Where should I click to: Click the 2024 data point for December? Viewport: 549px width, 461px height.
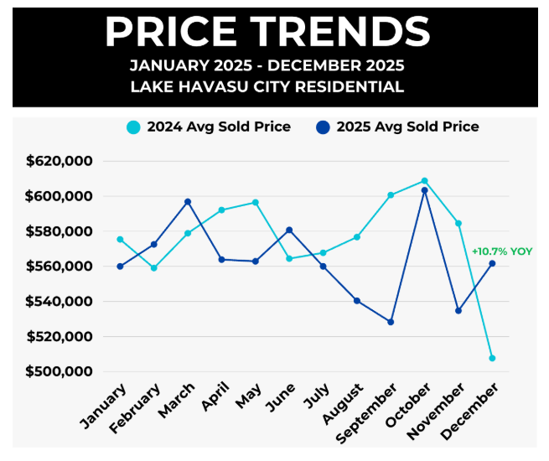click(x=492, y=358)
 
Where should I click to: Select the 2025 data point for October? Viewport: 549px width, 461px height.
click(x=424, y=190)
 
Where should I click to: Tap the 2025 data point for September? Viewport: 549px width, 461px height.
click(x=391, y=322)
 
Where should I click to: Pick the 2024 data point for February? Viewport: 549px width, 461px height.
click(x=153, y=268)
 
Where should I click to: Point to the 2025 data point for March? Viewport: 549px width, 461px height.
click(x=188, y=202)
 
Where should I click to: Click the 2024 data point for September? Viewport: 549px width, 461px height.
click(x=391, y=195)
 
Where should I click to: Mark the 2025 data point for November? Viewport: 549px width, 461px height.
click(x=458, y=311)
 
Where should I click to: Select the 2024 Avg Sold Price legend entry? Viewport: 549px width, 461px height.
click(x=209, y=127)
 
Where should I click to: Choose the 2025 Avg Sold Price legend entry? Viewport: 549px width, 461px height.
click(x=398, y=127)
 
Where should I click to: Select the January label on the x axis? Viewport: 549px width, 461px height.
click(x=106, y=405)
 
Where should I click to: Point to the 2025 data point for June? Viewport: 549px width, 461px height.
click(x=289, y=230)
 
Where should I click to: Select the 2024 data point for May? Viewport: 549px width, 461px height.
click(x=256, y=202)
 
